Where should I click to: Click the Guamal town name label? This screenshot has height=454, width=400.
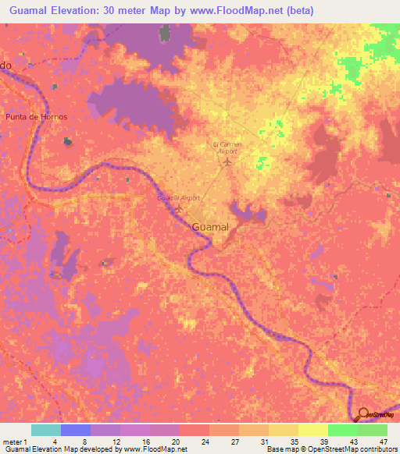coord(211,226)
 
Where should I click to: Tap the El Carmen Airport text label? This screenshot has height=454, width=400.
coord(227,147)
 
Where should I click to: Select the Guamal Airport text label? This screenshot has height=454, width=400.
coord(179,199)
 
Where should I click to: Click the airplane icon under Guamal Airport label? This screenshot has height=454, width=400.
coord(180,209)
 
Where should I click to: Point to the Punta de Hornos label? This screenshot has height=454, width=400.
coord(37,116)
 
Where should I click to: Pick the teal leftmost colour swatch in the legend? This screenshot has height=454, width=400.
coord(46,430)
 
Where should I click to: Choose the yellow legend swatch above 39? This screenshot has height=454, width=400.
coord(312,430)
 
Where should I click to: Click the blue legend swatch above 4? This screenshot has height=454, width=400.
coord(76,430)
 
